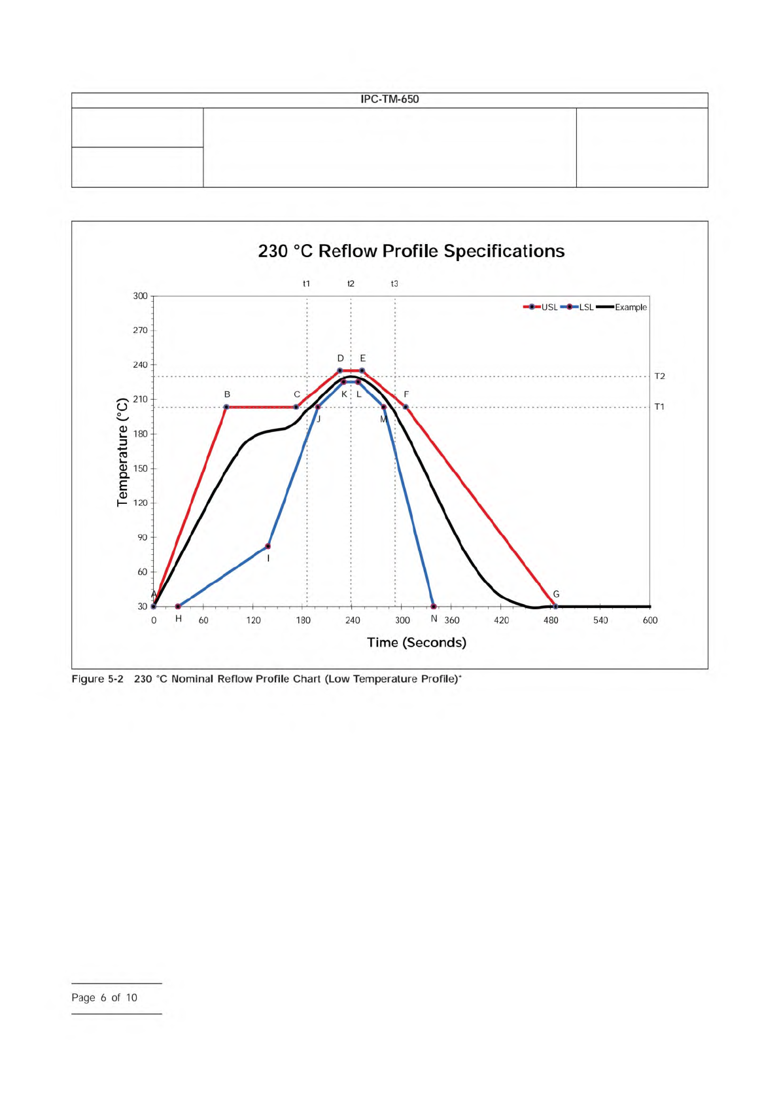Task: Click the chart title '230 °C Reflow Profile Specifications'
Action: point(411,251)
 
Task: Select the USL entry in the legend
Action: point(541,307)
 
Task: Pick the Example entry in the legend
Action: point(622,307)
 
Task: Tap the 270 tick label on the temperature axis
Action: point(141,330)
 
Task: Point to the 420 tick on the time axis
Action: point(501,620)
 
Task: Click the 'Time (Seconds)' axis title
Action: point(417,643)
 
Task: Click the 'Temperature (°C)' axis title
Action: point(122,452)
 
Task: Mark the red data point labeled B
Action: point(226,407)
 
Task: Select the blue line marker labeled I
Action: point(268,546)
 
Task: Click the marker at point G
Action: point(555,607)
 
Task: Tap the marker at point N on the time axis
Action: point(434,607)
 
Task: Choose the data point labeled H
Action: point(178,607)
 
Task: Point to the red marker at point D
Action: point(339,370)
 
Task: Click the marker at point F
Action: point(406,407)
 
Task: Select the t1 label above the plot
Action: point(306,284)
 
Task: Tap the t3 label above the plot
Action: point(394,284)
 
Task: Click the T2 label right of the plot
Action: point(659,376)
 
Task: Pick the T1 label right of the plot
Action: point(659,407)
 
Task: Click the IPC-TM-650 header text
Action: point(389,99)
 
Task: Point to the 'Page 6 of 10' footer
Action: point(105,997)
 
